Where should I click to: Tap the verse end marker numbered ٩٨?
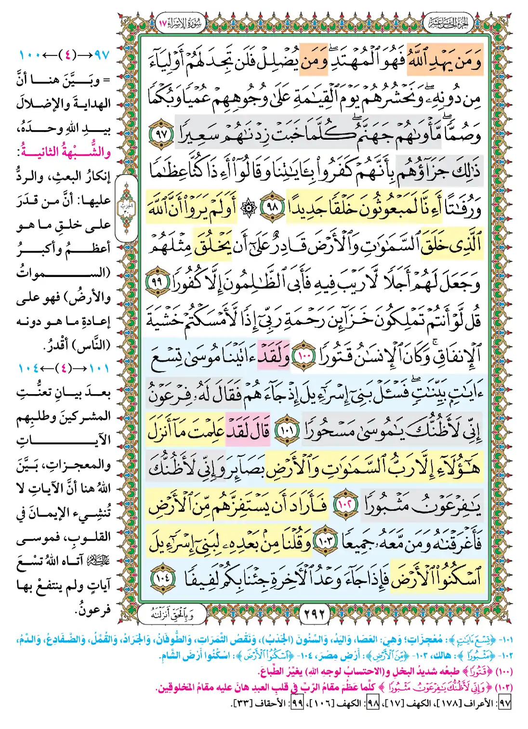(x=273, y=207)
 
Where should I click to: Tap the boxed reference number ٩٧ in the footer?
(x=504, y=703)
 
